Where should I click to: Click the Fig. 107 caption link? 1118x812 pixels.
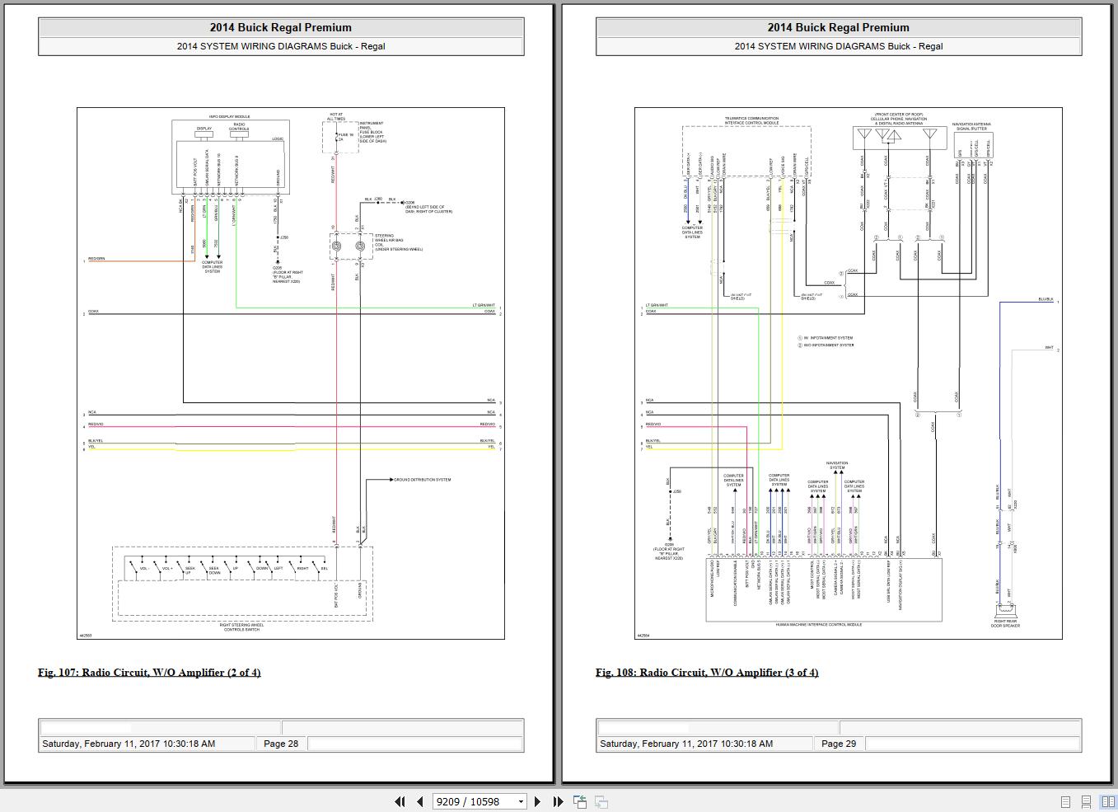pos(149,673)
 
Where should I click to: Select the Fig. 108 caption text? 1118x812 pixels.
pos(707,673)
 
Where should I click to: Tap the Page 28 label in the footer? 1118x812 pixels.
pos(280,744)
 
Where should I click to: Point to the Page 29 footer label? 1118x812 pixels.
pos(838,744)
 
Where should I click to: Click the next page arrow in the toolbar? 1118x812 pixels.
pos(538,801)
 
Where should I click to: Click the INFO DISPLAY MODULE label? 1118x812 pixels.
pos(229,117)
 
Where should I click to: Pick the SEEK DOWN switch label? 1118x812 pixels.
pos(214,570)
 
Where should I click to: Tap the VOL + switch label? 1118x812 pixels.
pos(167,568)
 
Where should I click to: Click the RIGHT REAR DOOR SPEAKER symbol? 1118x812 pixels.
pos(1005,611)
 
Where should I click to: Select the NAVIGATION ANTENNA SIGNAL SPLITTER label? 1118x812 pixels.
pos(972,127)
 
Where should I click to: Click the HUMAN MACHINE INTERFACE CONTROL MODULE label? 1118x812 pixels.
pos(818,625)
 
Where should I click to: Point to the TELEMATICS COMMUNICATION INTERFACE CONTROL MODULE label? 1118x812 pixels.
pos(751,120)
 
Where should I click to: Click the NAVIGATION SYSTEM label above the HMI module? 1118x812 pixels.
pos(837,466)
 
